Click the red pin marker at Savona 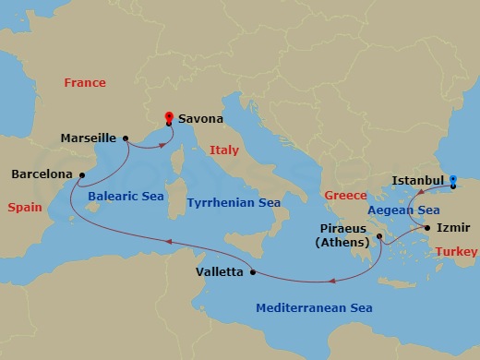tap(169, 117)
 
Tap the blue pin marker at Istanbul tap(453, 182)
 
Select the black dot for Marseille tap(124, 138)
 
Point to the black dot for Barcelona tap(80, 173)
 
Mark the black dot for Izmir tap(427, 227)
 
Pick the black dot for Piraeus tap(379, 237)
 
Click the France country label tap(85, 83)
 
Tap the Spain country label tap(25, 208)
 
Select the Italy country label tap(224, 150)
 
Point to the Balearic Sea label tap(126, 197)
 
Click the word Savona tap(200, 119)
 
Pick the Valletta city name tap(220, 272)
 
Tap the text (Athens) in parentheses tap(341, 244)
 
